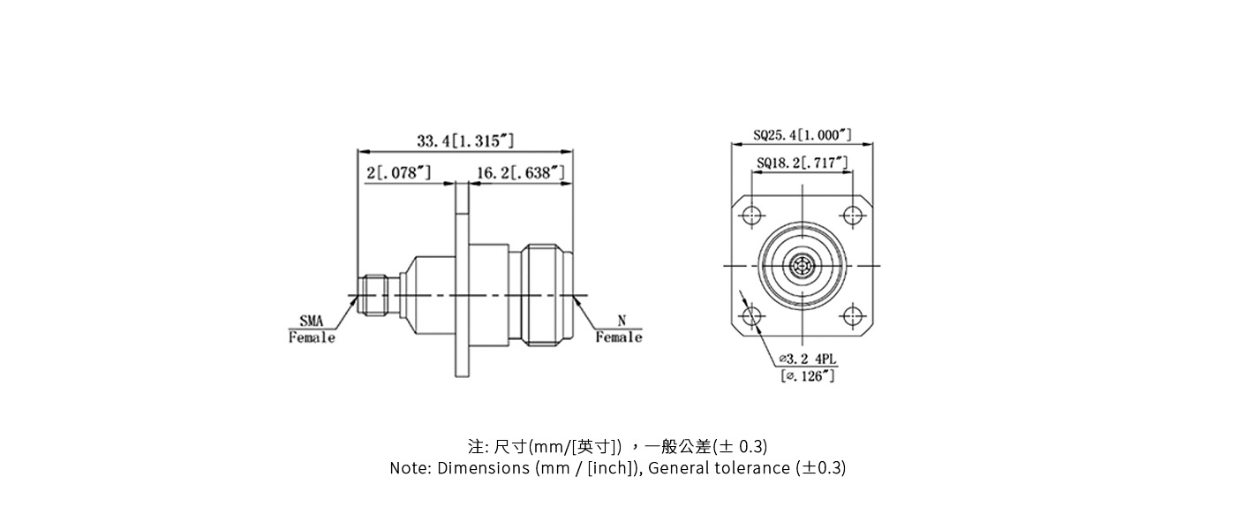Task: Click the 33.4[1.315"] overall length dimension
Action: pos(465,141)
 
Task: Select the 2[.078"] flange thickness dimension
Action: pos(399,173)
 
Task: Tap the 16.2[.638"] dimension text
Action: pos(520,173)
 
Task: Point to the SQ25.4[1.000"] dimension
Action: pos(803,135)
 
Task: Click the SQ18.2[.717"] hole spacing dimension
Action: pos(803,163)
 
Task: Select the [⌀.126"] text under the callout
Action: pos(807,376)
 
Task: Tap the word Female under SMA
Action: pos(312,338)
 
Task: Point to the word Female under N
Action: pos(618,337)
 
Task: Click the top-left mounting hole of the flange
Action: pos(752,215)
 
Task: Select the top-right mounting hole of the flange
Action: pos(852,215)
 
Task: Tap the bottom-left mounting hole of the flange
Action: pos(752,316)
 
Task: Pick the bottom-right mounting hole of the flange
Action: pos(852,316)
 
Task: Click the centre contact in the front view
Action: pos(803,266)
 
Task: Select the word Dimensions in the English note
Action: pos(483,468)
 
